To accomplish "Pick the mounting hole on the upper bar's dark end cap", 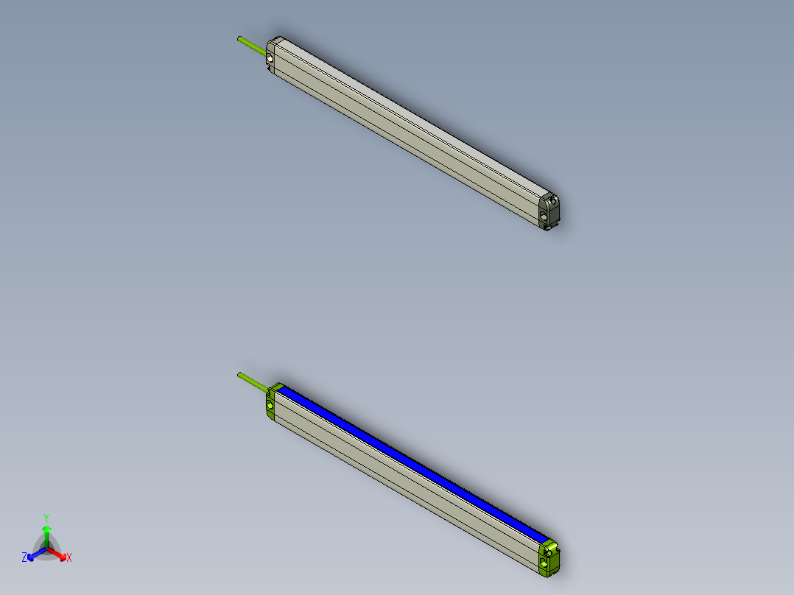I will pos(544,216).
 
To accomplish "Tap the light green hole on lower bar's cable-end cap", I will pos(270,405).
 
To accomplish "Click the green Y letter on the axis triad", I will pos(46,517).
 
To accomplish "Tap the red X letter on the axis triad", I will pos(69,558).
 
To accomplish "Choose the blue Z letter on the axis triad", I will pos(24,558).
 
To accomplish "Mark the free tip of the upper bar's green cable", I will pos(239,37).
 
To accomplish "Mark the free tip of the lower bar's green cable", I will pos(239,374).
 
